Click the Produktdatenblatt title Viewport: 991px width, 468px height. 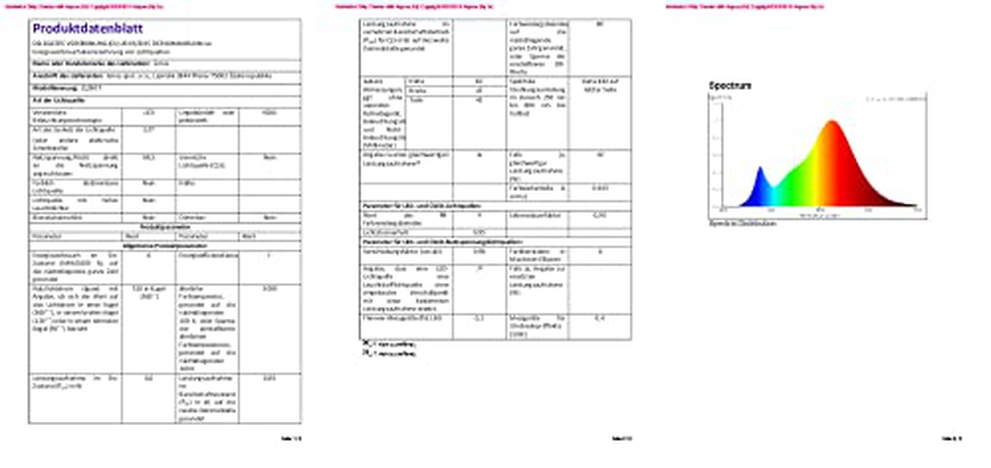click(88, 28)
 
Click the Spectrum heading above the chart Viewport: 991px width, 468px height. click(730, 85)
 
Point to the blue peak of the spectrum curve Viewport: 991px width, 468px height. click(760, 168)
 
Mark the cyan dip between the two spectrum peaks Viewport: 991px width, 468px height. click(773, 189)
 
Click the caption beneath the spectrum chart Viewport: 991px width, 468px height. click(742, 223)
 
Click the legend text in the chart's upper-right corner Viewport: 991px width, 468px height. click(896, 99)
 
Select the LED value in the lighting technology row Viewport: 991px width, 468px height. click(149, 113)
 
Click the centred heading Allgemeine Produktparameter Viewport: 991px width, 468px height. click(165, 246)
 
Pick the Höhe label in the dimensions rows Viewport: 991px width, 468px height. click(416, 82)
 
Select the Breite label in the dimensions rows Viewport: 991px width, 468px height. click(417, 91)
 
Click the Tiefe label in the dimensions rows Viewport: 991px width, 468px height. click(416, 100)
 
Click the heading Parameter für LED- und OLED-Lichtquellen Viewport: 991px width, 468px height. click(421, 206)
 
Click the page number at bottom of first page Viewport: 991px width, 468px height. click(291, 438)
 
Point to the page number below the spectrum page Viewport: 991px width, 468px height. click(952, 438)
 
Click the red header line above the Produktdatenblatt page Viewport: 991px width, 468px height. click(84, 6)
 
